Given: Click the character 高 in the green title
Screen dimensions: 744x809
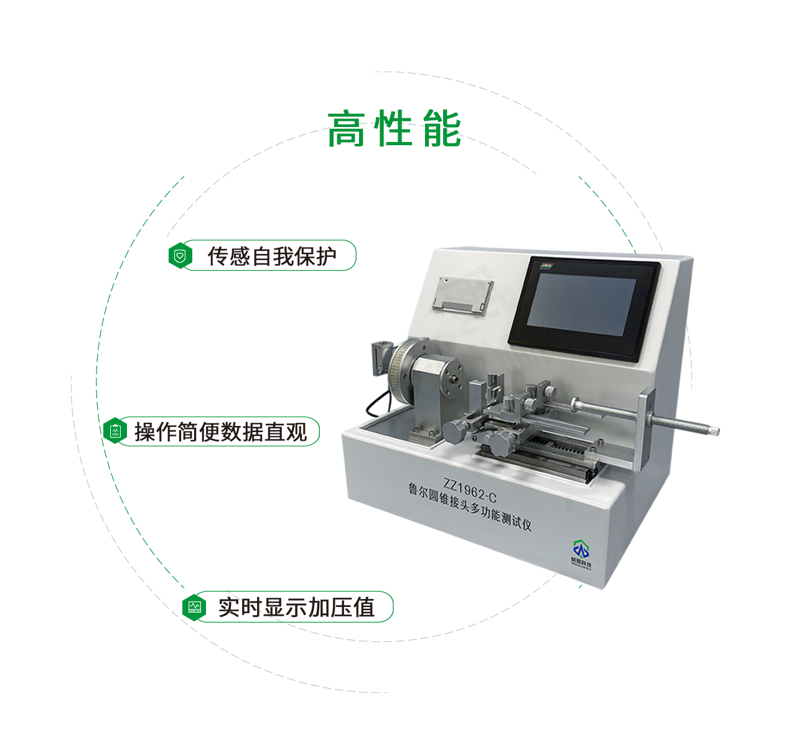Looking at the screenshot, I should pos(346,129).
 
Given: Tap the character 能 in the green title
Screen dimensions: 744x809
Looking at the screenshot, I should pos(442,129).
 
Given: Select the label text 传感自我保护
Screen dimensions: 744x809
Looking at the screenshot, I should pos(272,256).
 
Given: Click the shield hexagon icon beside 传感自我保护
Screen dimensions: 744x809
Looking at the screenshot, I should pos(180,256).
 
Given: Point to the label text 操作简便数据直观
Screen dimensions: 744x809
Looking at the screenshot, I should pos(221,431).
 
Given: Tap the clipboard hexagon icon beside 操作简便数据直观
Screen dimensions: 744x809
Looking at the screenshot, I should pos(115,431).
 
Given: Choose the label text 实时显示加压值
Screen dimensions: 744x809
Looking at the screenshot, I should pos(296,607).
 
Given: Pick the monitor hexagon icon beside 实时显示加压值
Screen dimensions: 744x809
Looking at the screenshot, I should pos(195,606).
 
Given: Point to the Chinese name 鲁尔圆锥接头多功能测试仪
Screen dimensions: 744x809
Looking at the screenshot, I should pos(470,507).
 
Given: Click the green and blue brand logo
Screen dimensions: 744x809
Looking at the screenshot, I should pos(581,550).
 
